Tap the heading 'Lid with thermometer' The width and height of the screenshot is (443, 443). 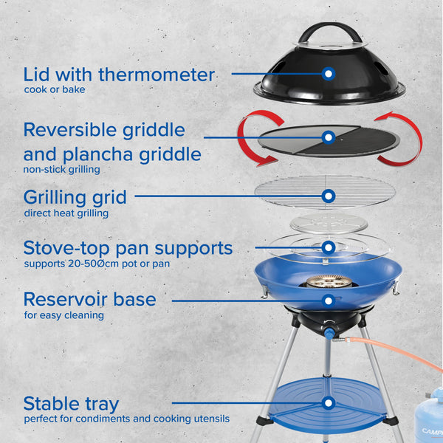click(119, 75)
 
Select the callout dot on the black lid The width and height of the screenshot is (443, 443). click(329, 73)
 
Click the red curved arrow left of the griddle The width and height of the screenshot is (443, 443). click(249, 139)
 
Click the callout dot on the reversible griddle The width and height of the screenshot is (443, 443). click(329, 137)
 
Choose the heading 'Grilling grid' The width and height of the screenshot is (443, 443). click(75, 197)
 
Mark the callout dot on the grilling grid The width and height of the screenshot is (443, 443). click(329, 196)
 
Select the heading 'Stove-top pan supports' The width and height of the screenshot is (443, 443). click(128, 247)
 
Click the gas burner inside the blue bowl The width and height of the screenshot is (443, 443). click(329, 281)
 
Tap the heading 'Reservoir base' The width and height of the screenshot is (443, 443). click(89, 299)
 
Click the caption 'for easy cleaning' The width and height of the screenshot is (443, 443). click(63, 315)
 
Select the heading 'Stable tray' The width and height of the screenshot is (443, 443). click(71, 403)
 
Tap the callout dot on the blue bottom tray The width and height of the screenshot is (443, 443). click(329, 403)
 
